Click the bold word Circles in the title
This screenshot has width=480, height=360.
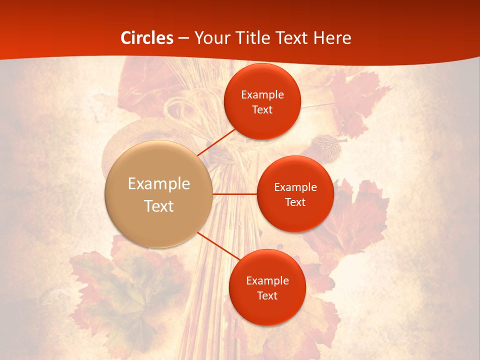click(147, 37)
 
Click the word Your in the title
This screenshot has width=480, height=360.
click(211, 37)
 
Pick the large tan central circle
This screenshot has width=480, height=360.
click(159, 194)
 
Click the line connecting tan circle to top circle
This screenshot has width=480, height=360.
click(216, 141)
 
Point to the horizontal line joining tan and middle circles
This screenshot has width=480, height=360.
click(235, 194)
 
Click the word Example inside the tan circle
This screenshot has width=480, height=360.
click(159, 184)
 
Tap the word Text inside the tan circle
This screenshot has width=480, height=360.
click(159, 206)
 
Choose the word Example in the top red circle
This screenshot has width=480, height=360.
click(262, 95)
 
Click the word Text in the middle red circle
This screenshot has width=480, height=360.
click(295, 202)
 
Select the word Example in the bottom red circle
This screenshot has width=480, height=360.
click(267, 281)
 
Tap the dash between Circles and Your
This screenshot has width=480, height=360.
click(183, 38)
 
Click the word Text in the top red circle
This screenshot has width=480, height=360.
click(262, 109)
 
